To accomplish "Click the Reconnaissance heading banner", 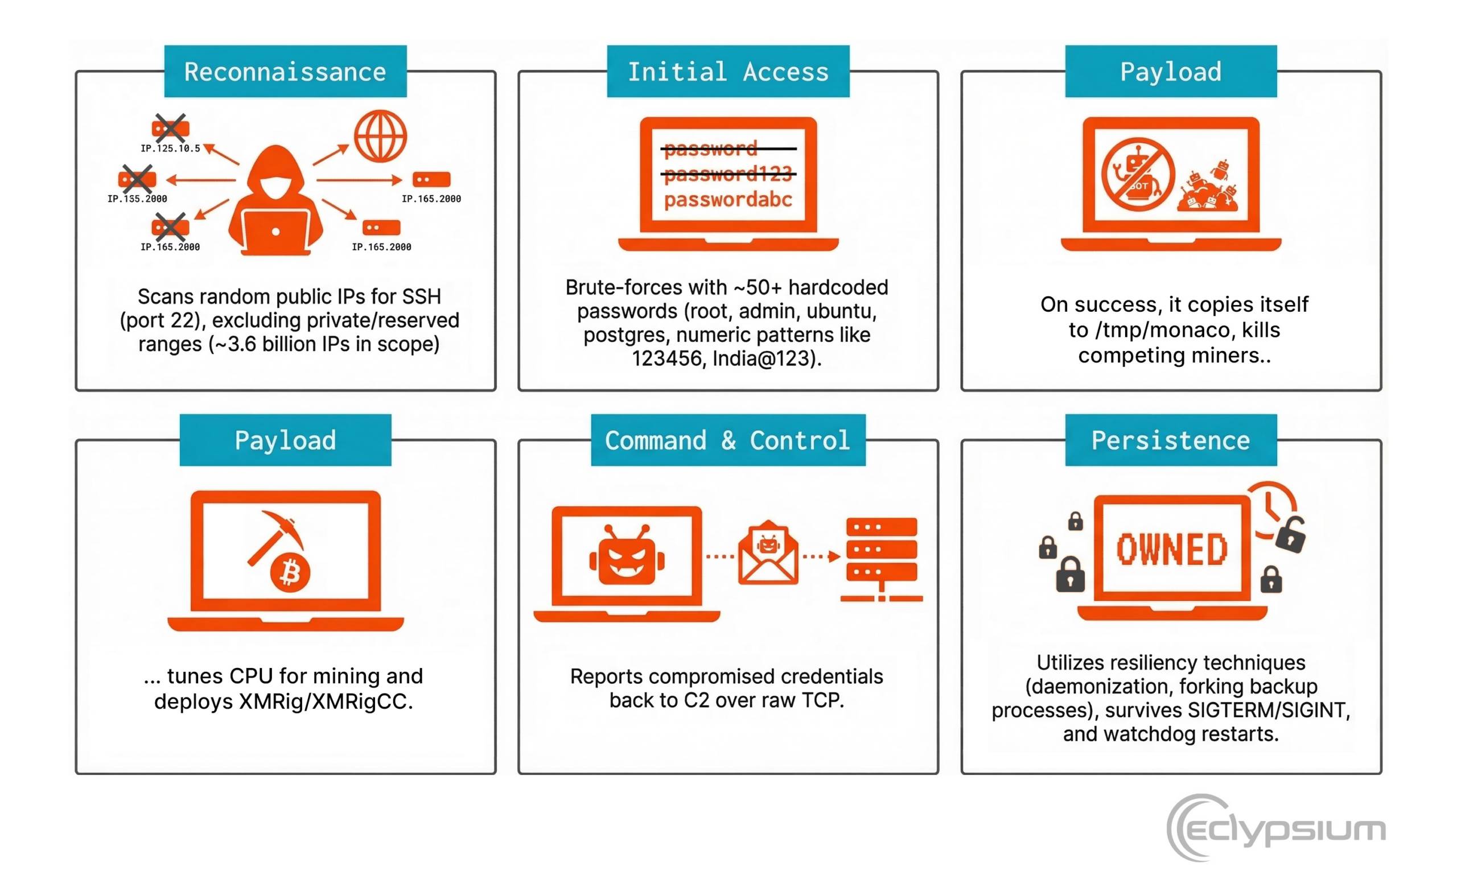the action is coord(285,71).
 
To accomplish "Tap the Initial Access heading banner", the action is coord(728,71).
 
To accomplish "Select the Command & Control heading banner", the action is coord(728,440).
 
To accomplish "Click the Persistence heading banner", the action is coord(1171,440).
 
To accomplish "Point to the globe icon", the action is coord(380,136).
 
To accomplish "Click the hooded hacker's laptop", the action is coord(275,232).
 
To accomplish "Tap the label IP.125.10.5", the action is coord(170,148).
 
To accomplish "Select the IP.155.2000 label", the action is coord(137,199).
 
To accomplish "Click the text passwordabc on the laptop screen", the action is coord(728,200).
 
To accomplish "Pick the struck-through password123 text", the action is coord(728,174).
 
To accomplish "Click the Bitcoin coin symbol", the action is coord(290,572).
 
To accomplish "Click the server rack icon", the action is coord(882,559).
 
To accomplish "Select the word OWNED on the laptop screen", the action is coord(1171,549).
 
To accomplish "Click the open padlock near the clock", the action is coord(1290,534).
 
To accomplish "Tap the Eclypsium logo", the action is coord(1276,828).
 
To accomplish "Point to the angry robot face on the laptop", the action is coord(627,555).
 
